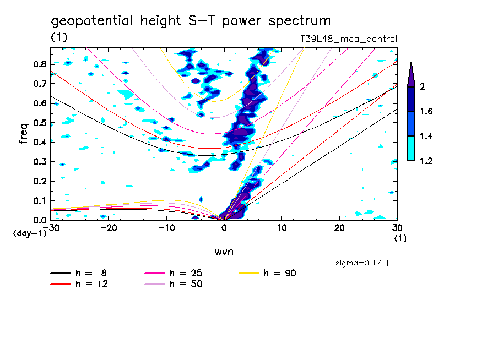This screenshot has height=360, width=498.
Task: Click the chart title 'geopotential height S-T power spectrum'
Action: point(191,21)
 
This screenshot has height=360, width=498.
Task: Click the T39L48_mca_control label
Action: point(347,39)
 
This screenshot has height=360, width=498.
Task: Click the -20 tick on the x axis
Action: point(107,228)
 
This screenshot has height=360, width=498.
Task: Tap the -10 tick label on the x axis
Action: point(165,228)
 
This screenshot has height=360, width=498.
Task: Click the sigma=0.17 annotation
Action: point(359,263)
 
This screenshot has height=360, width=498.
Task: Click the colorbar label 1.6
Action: point(427,112)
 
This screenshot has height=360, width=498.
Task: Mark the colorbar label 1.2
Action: point(427,161)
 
